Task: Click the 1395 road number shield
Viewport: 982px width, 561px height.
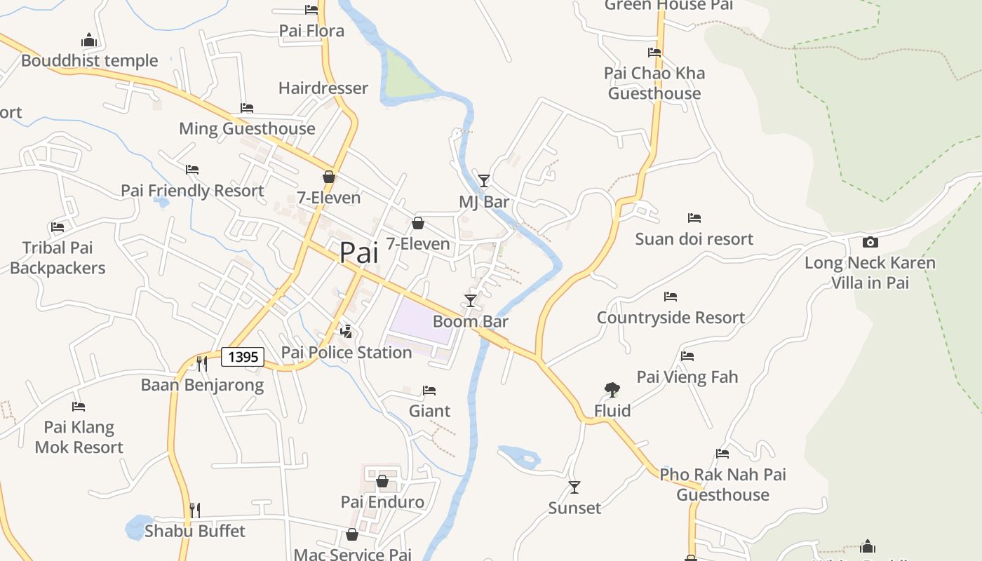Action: click(x=243, y=357)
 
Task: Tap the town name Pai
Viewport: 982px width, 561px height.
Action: click(x=358, y=252)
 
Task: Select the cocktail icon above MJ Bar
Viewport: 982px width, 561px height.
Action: click(x=484, y=181)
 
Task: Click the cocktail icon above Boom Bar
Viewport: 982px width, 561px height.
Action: click(x=471, y=301)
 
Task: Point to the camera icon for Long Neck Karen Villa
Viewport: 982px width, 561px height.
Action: click(x=870, y=242)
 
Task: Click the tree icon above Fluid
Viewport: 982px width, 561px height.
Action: click(x=612, y=390)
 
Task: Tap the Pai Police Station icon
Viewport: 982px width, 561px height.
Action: click(x=346, y=331)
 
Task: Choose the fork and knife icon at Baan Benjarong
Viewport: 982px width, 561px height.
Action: click(x=202, y=363)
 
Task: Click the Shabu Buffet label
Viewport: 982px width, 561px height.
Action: click(x=195, y=531)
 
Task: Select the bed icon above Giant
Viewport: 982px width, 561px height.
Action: click(x=429, y=390)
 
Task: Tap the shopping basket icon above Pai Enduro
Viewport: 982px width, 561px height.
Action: click(x=382, y=481)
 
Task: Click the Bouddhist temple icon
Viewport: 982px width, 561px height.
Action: click(x=88, y=40)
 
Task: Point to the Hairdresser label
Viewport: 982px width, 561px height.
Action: click(x=323, y=88)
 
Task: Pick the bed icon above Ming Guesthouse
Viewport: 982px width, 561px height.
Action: click(x=247, y=108)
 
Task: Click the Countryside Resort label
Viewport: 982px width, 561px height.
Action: click(x=671, y=318)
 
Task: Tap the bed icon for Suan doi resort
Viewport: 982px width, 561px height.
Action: click(x=694, y=218)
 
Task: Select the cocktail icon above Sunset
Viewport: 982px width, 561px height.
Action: click(x=574, y=487)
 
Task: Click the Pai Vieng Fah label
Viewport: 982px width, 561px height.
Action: click(x=687, y=377)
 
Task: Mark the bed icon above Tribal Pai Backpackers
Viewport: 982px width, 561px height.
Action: click(x=58, y=227)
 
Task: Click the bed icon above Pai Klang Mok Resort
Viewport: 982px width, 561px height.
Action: click(x=79, y=407)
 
